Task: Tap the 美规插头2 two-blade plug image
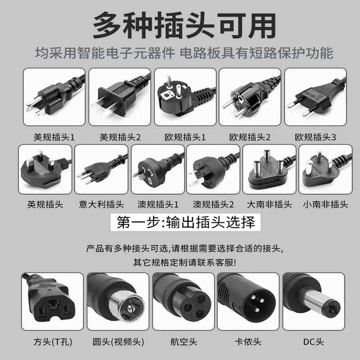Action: pos(119,97)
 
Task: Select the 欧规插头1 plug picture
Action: pos(185,97)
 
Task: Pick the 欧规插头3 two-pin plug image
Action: pos(315,97)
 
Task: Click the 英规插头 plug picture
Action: pos(45,169)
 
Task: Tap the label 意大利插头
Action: pos(101,204)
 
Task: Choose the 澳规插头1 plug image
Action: pos(157,169)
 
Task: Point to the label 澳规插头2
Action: pos(213,204)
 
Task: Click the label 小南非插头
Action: pos(325,204)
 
